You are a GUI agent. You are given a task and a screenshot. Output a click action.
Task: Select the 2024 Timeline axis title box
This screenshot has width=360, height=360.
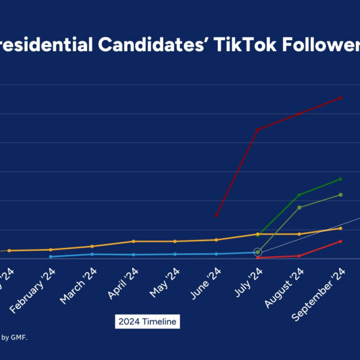(147, 322)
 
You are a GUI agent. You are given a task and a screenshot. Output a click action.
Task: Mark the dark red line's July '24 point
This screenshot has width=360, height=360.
(257, 130)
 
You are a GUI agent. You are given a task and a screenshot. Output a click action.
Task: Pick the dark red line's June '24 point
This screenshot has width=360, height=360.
(216, 215)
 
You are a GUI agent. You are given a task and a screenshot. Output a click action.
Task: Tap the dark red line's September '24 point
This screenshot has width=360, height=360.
(340, 97)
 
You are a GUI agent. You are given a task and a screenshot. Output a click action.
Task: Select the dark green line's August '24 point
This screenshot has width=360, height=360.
(299, 195)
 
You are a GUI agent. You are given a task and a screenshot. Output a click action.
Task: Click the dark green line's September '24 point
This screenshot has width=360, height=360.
(340, 179)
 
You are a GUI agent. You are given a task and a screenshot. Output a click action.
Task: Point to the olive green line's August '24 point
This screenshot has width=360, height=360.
(299, 207)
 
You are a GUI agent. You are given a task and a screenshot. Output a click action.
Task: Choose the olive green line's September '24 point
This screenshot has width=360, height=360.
(340, 194)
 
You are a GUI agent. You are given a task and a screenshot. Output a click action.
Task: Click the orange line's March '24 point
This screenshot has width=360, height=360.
(92, 246)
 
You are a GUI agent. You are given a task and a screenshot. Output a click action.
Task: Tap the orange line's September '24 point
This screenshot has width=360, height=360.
(340, 228)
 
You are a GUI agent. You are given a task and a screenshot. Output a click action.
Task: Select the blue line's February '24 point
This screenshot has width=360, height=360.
(50, 256)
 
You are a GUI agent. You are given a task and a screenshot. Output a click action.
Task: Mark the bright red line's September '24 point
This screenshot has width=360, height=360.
(340, 241)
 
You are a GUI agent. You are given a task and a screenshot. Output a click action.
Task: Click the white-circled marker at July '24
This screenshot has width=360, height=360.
(257, 252)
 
